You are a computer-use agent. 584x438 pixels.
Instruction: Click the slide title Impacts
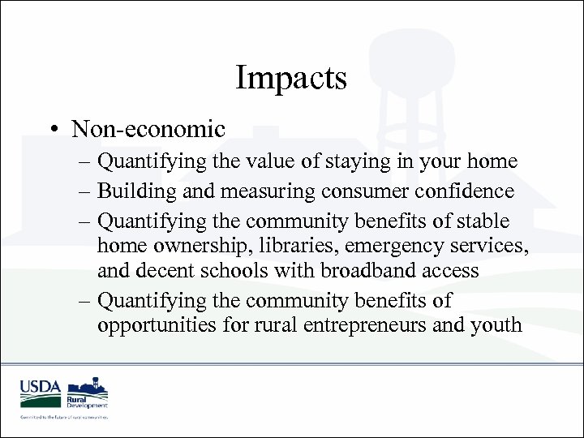(291, 79)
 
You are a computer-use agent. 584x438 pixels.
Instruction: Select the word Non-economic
(148, 129)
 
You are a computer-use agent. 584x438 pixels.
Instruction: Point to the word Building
(133, 191)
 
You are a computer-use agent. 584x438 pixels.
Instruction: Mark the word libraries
(311, 245)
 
